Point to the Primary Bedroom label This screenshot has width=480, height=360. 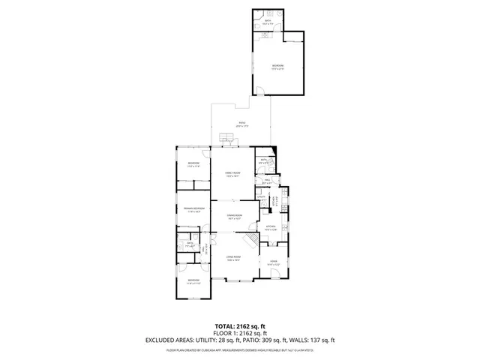193,209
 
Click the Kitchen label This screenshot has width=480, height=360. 271,227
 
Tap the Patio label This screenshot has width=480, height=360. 241,124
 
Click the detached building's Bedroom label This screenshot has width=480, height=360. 277,67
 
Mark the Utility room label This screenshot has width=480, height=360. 262,197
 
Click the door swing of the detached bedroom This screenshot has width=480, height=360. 259,91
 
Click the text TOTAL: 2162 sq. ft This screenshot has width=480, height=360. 240,326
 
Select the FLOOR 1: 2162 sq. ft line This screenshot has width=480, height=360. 240,334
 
